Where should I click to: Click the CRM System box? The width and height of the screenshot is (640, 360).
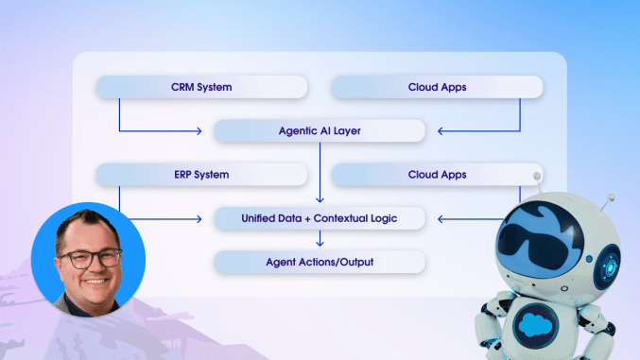[x=201, y=88]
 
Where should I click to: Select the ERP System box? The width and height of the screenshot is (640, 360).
[x=201, y=175]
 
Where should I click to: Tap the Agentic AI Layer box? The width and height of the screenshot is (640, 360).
[x=320, y=131]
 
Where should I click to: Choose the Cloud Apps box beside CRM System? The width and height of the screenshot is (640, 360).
[x=437, y=88]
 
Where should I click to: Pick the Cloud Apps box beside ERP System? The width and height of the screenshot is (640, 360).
[x=437, y=175]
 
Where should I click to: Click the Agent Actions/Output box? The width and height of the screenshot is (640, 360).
[x=320, y=262]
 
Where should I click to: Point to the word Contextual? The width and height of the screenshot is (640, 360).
[x=357, y=218]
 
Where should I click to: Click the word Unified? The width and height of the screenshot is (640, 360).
[x=263, y=218]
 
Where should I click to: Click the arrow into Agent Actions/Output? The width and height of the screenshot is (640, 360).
[x=320, y=240]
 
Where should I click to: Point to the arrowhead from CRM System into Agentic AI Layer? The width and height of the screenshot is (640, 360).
[x=200, y=131]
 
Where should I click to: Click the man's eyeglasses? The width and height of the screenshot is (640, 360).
[x=90, y=256]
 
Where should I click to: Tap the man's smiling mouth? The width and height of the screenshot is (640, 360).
[x=91, y=280]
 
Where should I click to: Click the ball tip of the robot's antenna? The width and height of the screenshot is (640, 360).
[x=537, y=176]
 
